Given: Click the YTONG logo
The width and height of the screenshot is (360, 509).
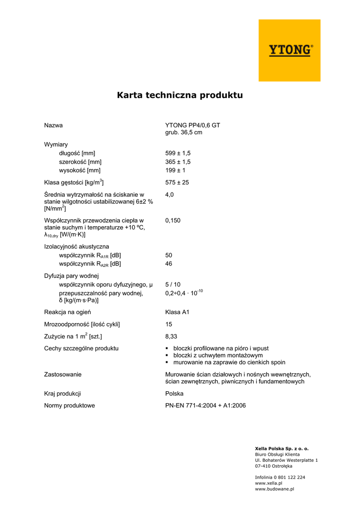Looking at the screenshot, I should point(291,50).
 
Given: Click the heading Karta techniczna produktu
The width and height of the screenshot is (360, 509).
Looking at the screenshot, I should point(180,94).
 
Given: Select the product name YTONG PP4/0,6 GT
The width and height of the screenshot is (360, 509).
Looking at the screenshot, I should point(192,125).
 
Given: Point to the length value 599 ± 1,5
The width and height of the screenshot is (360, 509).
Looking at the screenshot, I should point(178,153).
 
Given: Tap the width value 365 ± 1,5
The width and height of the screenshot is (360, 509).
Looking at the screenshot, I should point(178,162).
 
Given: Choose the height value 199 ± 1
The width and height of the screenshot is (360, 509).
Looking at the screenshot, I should point(175,170).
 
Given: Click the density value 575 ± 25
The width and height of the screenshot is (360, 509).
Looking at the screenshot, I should point(177,182).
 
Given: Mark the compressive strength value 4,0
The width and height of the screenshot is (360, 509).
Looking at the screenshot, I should point(170,195).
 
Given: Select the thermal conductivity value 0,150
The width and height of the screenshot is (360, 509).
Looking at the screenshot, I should point(173,220).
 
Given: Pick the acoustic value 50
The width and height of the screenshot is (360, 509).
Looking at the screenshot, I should point(169,255).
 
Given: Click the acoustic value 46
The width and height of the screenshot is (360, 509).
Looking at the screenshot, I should point(169,264).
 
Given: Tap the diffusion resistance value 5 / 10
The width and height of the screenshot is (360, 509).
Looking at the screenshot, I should point(173,285).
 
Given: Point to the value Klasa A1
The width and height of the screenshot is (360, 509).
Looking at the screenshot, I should point(177,312).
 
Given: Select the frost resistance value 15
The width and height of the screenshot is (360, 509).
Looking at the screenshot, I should point(169,324).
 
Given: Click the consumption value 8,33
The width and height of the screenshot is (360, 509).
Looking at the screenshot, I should point(172,337).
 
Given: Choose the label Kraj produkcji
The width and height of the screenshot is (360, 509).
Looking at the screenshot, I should point(63,393).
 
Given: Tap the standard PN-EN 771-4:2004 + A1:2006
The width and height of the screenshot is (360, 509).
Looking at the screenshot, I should point(205,406).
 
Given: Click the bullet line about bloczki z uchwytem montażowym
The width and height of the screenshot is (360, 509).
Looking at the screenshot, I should point(218,355).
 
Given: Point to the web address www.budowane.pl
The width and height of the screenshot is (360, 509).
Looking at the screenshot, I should point(274,489).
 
